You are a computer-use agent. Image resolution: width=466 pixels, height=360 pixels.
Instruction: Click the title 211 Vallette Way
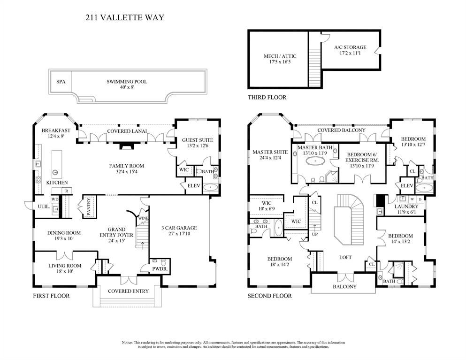click(x=124, y=18)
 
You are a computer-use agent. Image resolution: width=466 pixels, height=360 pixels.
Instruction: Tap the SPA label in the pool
click(x=61, y=82)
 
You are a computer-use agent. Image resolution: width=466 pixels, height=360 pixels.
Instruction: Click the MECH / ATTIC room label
click(x=280, y=59)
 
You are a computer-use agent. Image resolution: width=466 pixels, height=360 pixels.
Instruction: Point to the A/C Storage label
click(x=350, y=50)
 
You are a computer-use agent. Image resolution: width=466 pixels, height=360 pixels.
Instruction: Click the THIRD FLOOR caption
click(x=267, y=98)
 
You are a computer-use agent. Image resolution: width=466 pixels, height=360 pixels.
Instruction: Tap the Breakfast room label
click(x=56, y=133)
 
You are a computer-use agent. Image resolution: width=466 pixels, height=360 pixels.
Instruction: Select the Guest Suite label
click(x=197, y=143)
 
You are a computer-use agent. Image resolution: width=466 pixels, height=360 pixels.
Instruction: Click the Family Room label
click(x=127, y=169)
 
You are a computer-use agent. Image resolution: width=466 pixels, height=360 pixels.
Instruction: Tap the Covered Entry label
click(x=128, y=291)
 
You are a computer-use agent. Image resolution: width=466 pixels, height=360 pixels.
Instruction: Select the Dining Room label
click(x=64, y=236)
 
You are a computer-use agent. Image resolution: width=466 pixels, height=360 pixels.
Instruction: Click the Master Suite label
click(x=270, y=155)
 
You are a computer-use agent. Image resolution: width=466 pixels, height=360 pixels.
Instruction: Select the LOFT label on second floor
click(x=345, y=257)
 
